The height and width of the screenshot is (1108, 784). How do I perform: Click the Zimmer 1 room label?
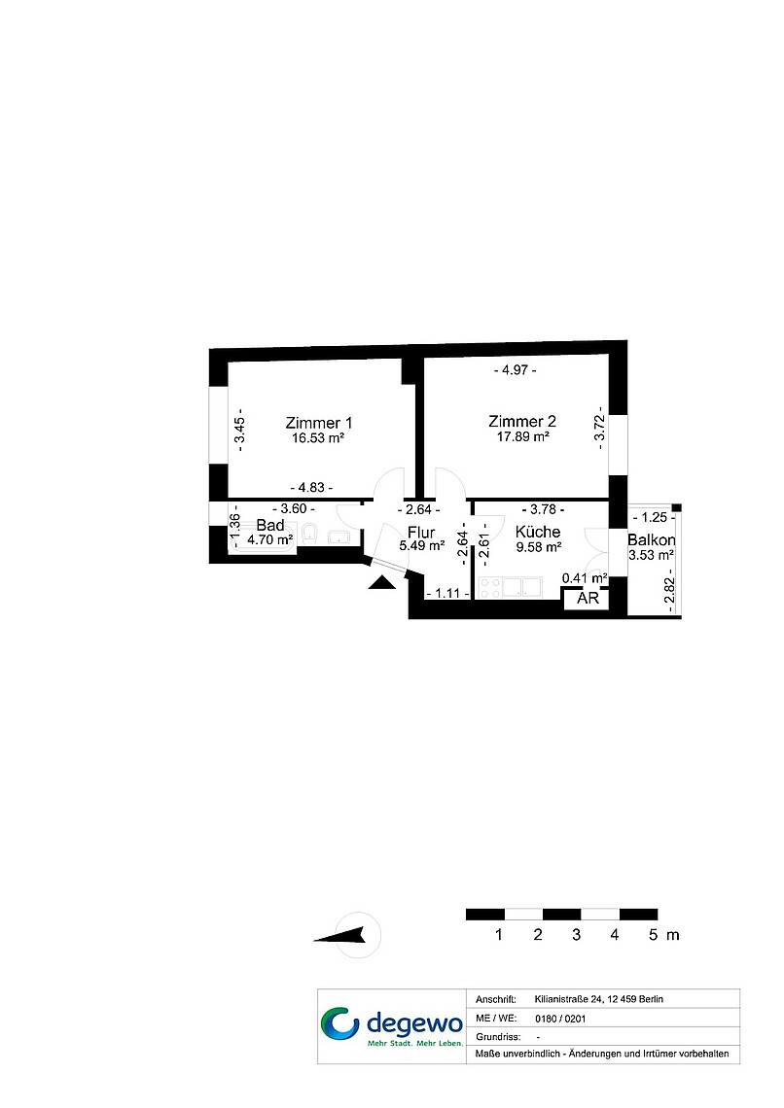tap(319, 423)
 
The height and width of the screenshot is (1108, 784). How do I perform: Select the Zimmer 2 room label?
tap(522, 421)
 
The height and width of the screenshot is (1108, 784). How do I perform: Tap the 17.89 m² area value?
tap(523, 436)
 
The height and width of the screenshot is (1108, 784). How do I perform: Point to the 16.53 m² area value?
tap(318, 438)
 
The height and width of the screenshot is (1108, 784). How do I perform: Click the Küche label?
tap(538, 532)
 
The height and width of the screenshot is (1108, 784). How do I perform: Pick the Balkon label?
tap(652, 539)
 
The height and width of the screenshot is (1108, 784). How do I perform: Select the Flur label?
tap(421, 532)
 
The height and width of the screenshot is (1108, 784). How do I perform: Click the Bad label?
tap(270, 525)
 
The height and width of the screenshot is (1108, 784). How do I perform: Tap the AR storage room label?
tap(588, 599)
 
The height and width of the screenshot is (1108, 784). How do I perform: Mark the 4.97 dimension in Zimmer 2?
tap(515, 370)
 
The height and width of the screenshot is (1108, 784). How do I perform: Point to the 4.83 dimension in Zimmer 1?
tap(312, 488)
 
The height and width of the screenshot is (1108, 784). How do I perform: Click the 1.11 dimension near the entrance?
tap(448, 594)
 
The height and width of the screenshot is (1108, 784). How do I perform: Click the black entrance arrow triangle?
tap(381, 582)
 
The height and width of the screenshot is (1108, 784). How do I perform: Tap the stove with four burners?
tap(490, 587)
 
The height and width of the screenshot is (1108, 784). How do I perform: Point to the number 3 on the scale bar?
tap(576, 935)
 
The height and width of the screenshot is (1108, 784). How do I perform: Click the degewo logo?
tap(392, 1026)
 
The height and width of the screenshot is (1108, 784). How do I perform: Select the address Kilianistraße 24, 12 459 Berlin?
tap(599, 999)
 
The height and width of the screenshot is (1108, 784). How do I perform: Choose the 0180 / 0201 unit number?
tap(560, 1019)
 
